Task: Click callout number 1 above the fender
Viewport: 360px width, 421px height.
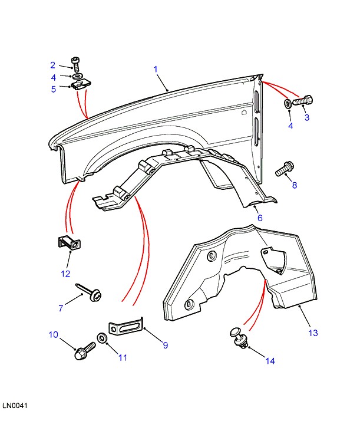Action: pyautogui.click(x=156, y=70)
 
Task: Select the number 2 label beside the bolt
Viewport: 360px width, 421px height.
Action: pyautogui.click(x=52, y=65)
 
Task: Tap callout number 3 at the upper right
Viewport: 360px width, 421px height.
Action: pyautogui.click(x=307, y=117)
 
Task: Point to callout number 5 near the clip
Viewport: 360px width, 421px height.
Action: pyautogui.click(x=53, y=89)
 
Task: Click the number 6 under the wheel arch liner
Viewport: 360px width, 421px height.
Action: pyautogui.click(x=259, y=218)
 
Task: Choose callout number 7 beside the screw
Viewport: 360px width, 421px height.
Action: pyautogui.click(x=60, y=308)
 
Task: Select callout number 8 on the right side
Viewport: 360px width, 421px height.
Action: pyautogui.click(x=295, y=185)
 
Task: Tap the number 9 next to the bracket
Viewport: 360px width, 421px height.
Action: pyautogui.click(x=165, y=345)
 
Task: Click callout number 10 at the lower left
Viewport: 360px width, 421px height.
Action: pyautogui.click(x=53, y=335)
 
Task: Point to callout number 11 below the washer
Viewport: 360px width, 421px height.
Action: pyautogui.click(x=123, y=357)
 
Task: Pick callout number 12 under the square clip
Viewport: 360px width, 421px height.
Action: pyautogui.click(x=65, y=274)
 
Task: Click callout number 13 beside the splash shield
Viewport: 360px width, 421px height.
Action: pyautogui.click(x=313, y=333)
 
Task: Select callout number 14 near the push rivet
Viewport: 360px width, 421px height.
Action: pyautogui.click(x=270, y=361)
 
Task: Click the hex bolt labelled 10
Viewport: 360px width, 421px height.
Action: pyautogui.click(x=84, y=351)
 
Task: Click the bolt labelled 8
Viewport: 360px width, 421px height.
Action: pyautogui.click(x=284, y=169)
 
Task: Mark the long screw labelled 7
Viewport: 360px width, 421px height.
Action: pyautogui.click(x=89, y=290)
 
